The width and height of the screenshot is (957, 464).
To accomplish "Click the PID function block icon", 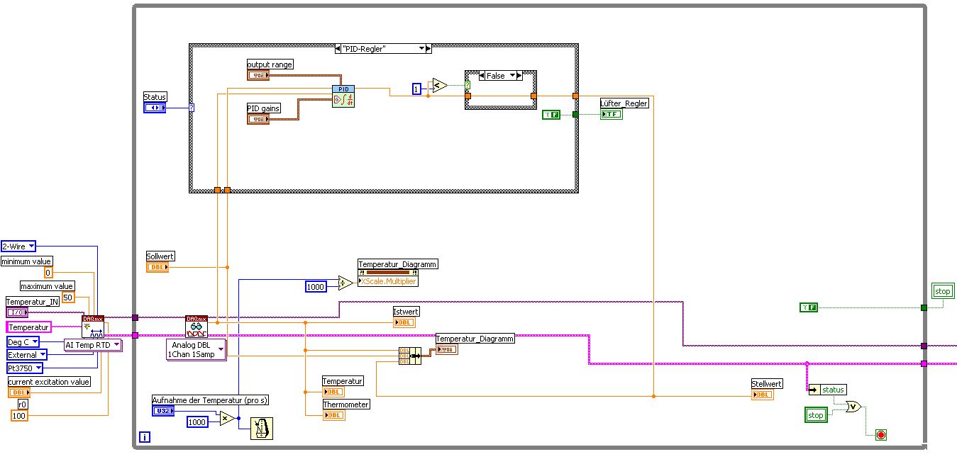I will point(343,96).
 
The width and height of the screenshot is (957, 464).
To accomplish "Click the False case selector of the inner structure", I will point(496,76).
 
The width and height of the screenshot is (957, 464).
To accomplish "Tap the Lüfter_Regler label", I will point(624,103).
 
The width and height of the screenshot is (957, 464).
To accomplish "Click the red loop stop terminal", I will point(881,434).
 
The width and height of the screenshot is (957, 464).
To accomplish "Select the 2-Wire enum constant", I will point(18,247).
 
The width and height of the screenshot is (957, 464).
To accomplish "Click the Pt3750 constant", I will point(25,368).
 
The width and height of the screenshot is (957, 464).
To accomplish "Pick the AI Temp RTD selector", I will point(92,345).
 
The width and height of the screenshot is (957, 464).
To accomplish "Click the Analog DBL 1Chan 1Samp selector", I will point(196,349).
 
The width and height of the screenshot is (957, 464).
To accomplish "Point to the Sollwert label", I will point(160,256).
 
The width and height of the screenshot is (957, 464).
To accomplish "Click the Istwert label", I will point(406,312).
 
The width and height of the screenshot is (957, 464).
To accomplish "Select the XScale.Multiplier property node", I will point(388,281).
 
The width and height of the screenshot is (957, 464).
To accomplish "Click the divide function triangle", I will point(345,284).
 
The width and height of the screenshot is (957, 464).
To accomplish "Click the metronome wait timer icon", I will point(262,429).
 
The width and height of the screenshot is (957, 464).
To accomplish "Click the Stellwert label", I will point(766,384).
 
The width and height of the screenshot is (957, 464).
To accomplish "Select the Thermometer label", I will point(346,404).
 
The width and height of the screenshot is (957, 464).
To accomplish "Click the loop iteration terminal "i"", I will point(145,437).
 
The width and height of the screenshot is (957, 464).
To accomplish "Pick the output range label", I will point(270,64).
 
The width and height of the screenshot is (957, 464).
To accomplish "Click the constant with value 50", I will point(67,298).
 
